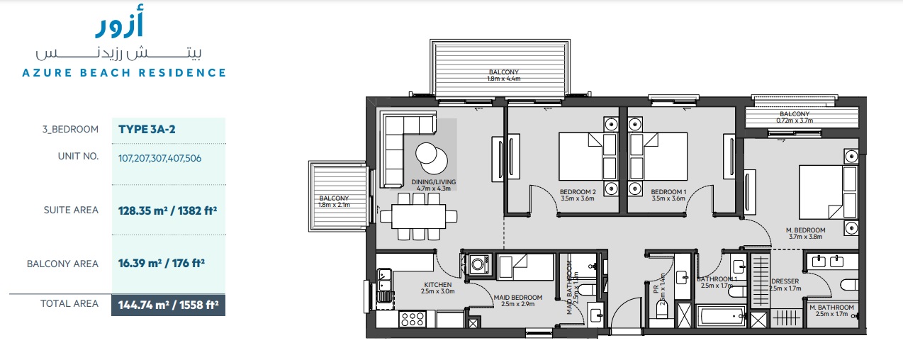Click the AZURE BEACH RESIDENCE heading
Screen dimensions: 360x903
[x=124, y=72]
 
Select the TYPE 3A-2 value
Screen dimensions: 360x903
[x=147, y=129]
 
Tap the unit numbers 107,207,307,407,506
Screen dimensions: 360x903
[x=159, y=158]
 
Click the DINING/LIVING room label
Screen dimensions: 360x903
[x=433, y=186]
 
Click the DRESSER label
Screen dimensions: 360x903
[x=785, y=284]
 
